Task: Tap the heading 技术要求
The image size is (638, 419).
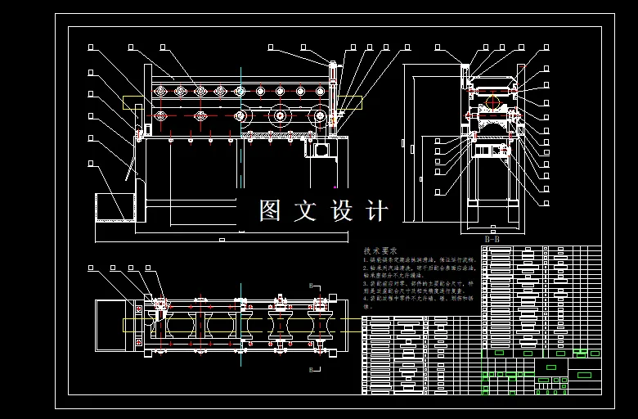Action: pyautogui.click(x=380, y=250)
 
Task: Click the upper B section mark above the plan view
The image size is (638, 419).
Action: pyautogui.click(x=311, y=284)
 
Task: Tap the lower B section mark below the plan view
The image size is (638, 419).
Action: pyautogui.click(x=311, y=369)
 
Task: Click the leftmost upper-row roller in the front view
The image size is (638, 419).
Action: pyautogui.click(x=159, y=91)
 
